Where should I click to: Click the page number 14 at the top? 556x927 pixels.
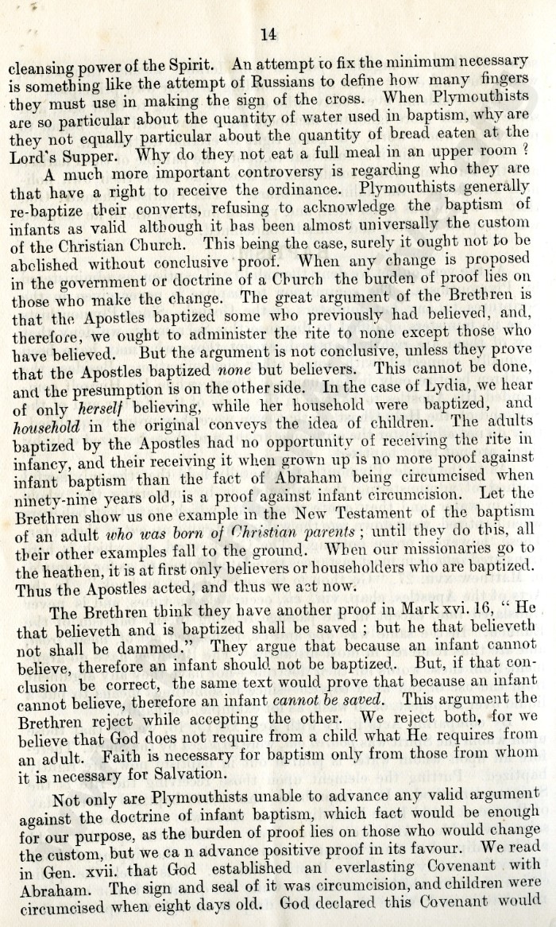point(268,33)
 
